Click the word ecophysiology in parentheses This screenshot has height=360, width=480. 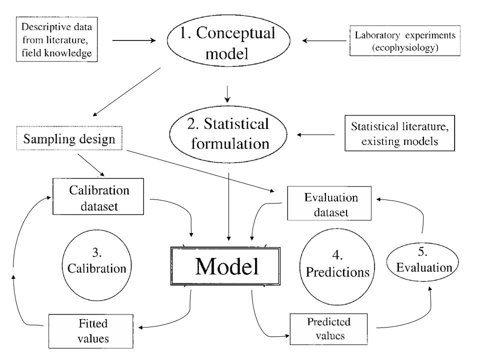tap(405, 47)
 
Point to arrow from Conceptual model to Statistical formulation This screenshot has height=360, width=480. tap(227, 94)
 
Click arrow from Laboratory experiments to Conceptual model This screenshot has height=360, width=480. tap(324, 40)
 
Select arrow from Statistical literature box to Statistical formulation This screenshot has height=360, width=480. tap(316, 134)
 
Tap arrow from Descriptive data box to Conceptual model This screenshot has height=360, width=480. tap(134, 40)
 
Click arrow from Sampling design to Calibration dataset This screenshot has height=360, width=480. tap(91, 165)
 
